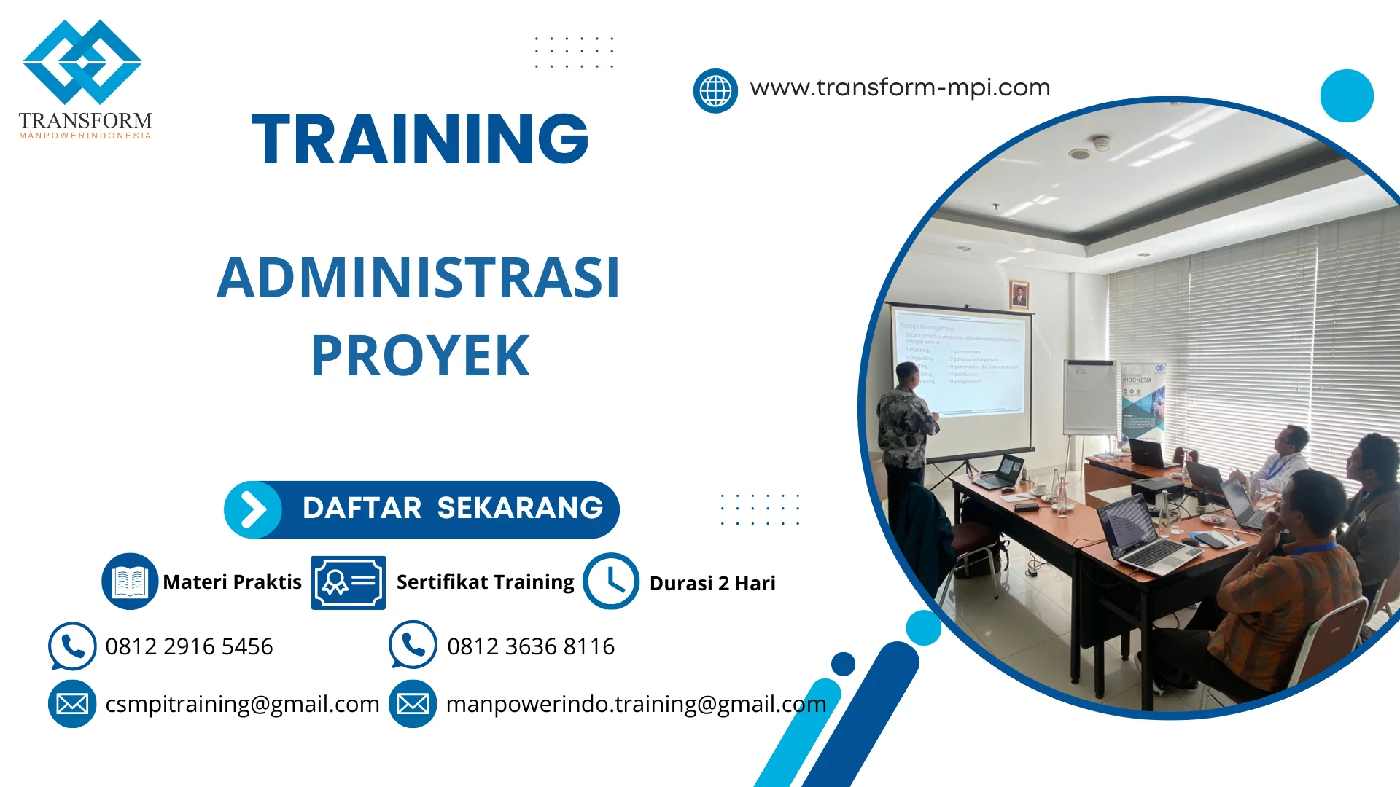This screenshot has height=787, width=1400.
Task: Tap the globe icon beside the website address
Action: [715, 91]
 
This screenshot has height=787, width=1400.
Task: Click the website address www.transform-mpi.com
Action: [900, 87]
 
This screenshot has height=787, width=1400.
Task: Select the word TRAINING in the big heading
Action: [420, 138]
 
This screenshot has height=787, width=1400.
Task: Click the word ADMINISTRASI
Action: [419, 278]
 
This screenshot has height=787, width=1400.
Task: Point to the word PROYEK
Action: [420, 356]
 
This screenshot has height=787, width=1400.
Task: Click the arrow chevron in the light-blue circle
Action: [253, 509]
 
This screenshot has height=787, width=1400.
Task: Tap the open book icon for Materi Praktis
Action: [130, 581]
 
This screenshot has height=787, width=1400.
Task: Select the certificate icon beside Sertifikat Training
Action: [348, 582]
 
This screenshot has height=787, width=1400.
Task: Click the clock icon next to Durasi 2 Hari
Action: [610, 581]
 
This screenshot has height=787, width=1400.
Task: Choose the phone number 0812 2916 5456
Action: [189, 646]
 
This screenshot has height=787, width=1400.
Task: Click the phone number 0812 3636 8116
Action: [530, 646]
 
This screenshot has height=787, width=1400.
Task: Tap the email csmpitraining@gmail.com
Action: [242, 704]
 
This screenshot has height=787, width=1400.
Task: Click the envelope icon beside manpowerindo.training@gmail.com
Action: [413, 704]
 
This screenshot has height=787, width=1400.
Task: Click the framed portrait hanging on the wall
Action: [1019, 295]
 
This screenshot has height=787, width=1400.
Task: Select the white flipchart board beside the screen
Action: [1089, 397]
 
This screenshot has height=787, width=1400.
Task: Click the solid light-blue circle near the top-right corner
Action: [1346, 95]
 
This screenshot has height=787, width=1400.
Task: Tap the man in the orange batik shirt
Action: [1283, 583]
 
